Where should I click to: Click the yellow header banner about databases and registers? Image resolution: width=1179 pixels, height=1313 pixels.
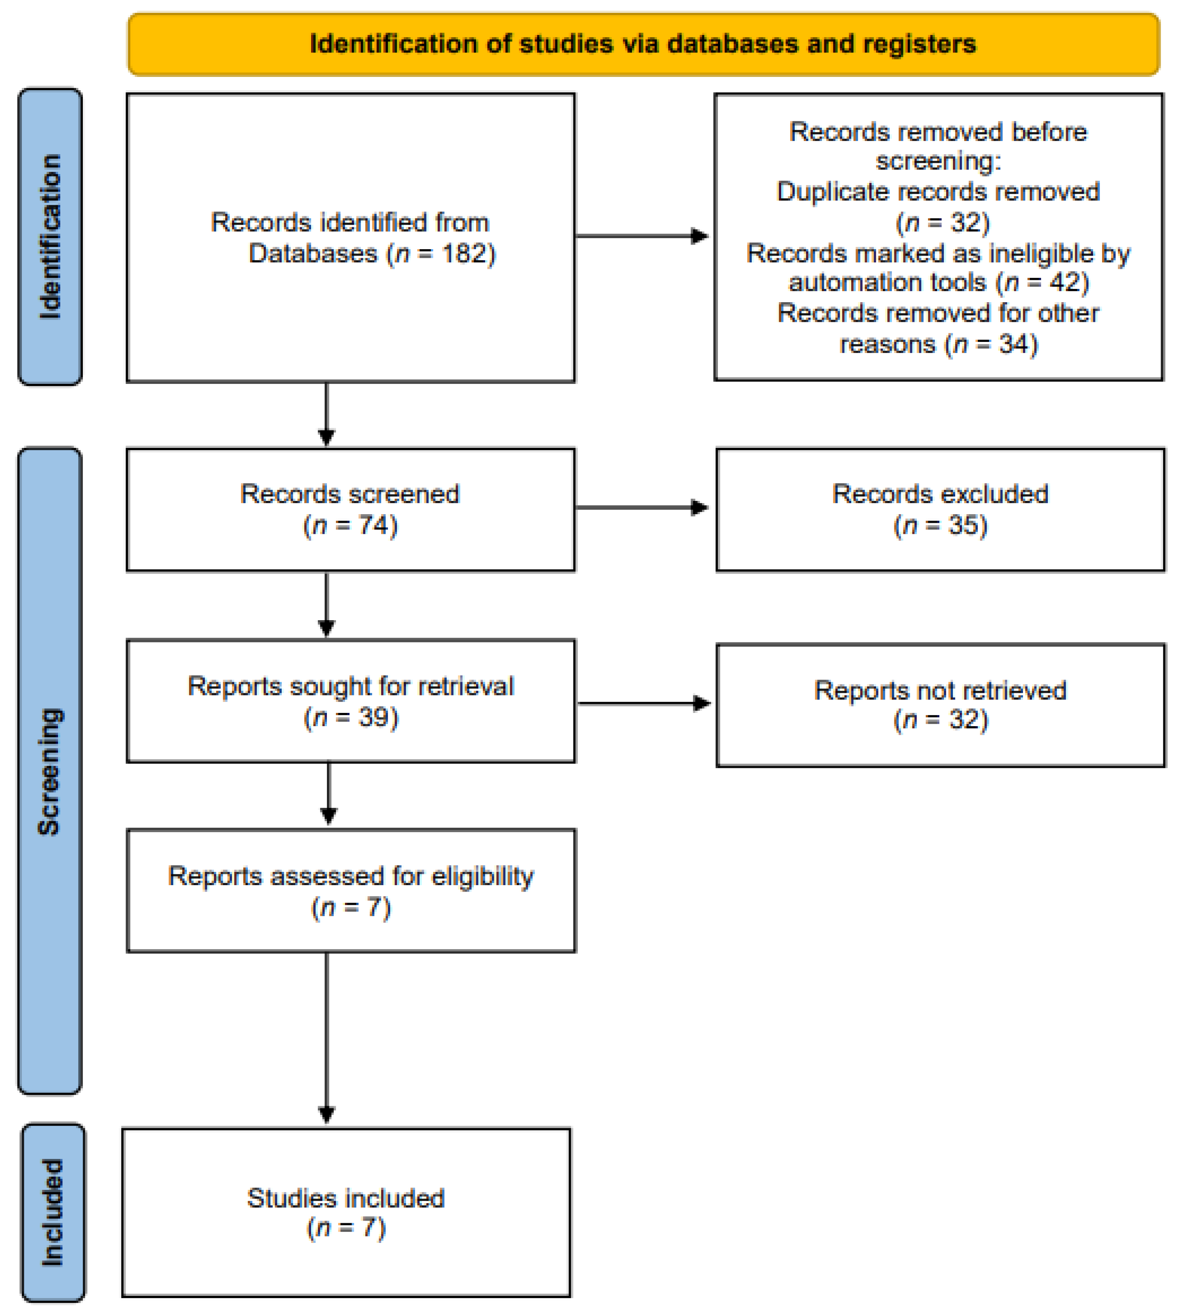pos(643,44)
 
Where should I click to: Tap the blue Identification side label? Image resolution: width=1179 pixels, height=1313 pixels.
pos(50,236)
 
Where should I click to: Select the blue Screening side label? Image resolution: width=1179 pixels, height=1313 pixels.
pos(50,771)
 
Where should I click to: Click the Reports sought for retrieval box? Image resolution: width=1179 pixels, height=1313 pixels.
pos(350,701)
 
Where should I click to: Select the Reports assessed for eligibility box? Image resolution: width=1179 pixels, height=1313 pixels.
pos(350,891)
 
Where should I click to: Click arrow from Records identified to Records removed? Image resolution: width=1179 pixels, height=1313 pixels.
pos(641,236)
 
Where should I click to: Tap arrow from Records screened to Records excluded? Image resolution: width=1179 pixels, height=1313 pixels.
pos(641,507)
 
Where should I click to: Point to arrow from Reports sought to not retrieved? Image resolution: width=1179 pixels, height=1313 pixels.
pos(643,703)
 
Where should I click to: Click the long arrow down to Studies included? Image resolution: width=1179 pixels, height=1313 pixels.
pos(326,1036)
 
